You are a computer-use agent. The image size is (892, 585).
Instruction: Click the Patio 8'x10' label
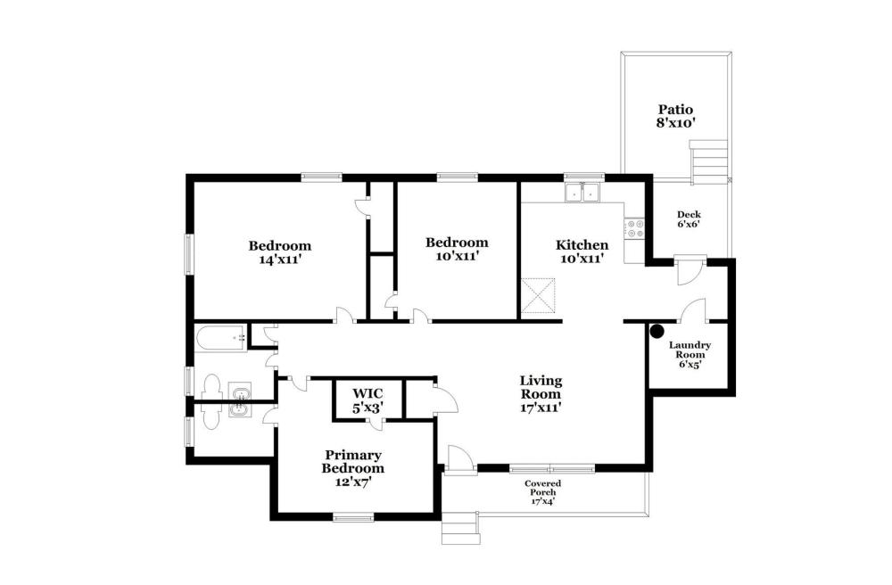[x=676, y=116]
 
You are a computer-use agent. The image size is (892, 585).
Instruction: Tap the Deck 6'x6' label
[x=689, y=218]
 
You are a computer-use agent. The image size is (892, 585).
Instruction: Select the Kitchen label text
[x=582, y=245]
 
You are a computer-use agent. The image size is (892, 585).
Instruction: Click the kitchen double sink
[x=582, y=193]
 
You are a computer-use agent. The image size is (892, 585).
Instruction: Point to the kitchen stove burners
[x=634, y=228]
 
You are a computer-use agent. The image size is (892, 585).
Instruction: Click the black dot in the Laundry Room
[x=657, y=330]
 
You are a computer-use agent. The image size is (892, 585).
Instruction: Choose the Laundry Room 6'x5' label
[x=690, y=355]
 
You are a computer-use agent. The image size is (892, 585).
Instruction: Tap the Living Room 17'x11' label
[x=541, y=393]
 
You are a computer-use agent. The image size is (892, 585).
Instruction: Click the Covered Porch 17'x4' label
[x=542, y=492]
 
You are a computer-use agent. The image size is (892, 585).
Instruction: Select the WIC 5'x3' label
[x=368, y=400]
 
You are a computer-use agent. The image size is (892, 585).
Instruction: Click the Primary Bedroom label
[x=352, y=462]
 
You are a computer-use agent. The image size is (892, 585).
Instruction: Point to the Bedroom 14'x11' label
[x=280, y=253]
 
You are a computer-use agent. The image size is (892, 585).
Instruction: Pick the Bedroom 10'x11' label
[x=457, y=249]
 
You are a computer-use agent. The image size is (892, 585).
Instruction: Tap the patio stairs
[x=709, y=162]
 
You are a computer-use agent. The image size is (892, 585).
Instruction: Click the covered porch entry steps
[x=461, y=528]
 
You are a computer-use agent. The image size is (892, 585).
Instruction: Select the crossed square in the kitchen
[x=538, y=296]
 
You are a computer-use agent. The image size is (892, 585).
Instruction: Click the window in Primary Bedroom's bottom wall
[x=353, y=517]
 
